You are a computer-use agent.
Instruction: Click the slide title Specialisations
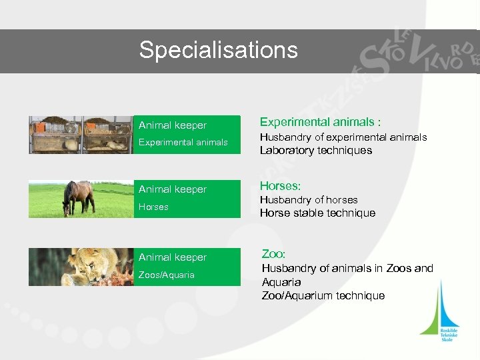click(218, 50)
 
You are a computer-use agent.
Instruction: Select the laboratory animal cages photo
click(81, 135)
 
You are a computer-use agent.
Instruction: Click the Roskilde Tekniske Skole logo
click(440, 313)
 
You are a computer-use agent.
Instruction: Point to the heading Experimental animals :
click(320, 122)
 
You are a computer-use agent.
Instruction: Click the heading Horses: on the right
click(280, 186)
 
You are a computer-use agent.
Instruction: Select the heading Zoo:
click(273, 254)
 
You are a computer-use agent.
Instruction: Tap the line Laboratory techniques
click(315, 151)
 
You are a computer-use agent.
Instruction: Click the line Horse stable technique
click(317, 213)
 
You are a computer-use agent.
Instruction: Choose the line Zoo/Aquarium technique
click(323, 296)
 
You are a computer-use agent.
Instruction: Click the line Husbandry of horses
click(309, 200)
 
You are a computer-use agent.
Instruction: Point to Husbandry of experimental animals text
click(343, 137)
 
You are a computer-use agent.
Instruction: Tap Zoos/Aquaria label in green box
click(167, 275)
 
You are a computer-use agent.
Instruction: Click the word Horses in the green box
click(153, 207)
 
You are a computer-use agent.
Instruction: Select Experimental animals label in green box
click(183, 143)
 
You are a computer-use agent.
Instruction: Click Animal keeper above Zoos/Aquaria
click(173, 257)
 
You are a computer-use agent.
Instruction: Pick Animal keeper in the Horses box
click(173, 189)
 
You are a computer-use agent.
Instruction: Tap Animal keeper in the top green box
click(173, 125)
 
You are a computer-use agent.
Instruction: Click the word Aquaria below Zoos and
click(281, 282)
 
